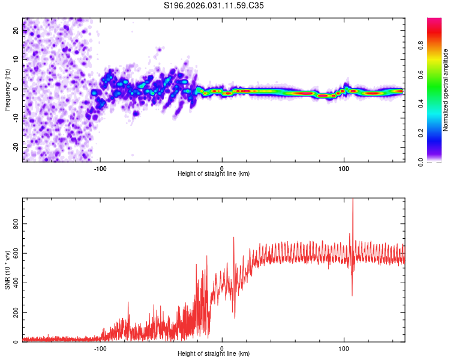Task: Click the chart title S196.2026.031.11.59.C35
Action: pyautogui.click(x=214, y=5)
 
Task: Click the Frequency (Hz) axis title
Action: pyautogui.click(x=7, y=89)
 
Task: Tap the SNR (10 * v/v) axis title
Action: pyautogui.click(x=8, y=270)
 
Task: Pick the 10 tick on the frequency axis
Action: pyautogui.click(x=16, y=60)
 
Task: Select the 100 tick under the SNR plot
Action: pyautogui.click(x=344, y=348)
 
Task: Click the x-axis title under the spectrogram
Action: pyautogui.click(x=214, y=174)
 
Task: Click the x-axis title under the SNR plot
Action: pyautogui.click(x=214, y=355)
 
